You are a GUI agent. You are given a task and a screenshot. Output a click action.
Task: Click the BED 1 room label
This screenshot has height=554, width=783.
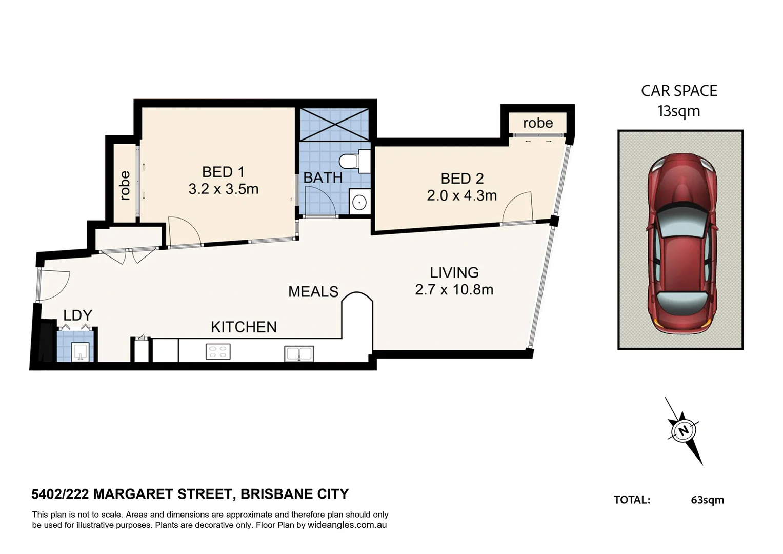[223, 172]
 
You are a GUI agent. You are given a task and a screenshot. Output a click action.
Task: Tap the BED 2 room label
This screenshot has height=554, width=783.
[462, 179]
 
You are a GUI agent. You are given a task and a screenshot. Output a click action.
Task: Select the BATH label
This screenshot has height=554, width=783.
[323, 177]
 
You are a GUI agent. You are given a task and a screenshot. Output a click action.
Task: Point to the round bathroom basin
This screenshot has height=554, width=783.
[360, 202]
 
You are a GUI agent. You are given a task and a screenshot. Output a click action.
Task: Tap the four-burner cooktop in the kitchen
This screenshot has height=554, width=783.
[218, 352]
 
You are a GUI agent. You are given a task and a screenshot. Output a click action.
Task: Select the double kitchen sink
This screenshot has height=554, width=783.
[299, 353]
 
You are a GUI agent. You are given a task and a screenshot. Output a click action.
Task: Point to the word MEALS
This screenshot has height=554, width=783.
[313, 292]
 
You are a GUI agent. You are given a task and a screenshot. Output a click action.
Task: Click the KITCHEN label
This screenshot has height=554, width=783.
[244, 327]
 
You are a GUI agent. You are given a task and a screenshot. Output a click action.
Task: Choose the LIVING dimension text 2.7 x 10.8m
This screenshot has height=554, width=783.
[454, 290]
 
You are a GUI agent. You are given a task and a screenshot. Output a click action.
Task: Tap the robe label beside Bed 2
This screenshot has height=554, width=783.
[538, 123]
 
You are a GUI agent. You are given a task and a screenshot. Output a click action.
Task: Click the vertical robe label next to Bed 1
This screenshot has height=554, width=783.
[124, 185]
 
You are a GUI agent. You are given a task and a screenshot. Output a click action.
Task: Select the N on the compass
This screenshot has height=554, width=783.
[683, 430]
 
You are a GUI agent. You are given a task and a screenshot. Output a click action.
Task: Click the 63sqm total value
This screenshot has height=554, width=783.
[707, 500]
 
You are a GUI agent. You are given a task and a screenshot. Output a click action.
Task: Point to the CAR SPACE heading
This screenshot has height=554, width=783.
[679, 91]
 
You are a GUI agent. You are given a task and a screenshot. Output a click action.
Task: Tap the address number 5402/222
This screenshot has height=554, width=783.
[60, 494]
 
